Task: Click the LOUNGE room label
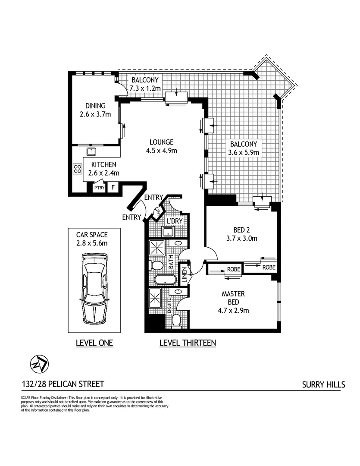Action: pyautogui.click(x=161, y=142)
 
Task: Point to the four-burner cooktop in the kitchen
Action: pyautogui.click(x=78, y=169)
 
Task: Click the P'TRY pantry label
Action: pyautogui.click(x=100, y=187)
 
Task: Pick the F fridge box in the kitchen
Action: pyautogui.click(x=113, y=187)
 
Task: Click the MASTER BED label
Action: pyautogui.click(x=233, y=297)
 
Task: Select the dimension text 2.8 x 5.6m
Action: pyautogui.click(x=92, y=243)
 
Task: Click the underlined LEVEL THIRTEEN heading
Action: pyautogui.click(x=187, y=343)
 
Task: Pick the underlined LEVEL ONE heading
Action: pyautogui.click(x=94, y=343)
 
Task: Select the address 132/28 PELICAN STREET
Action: pyautogui.click(x=63, y=384)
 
